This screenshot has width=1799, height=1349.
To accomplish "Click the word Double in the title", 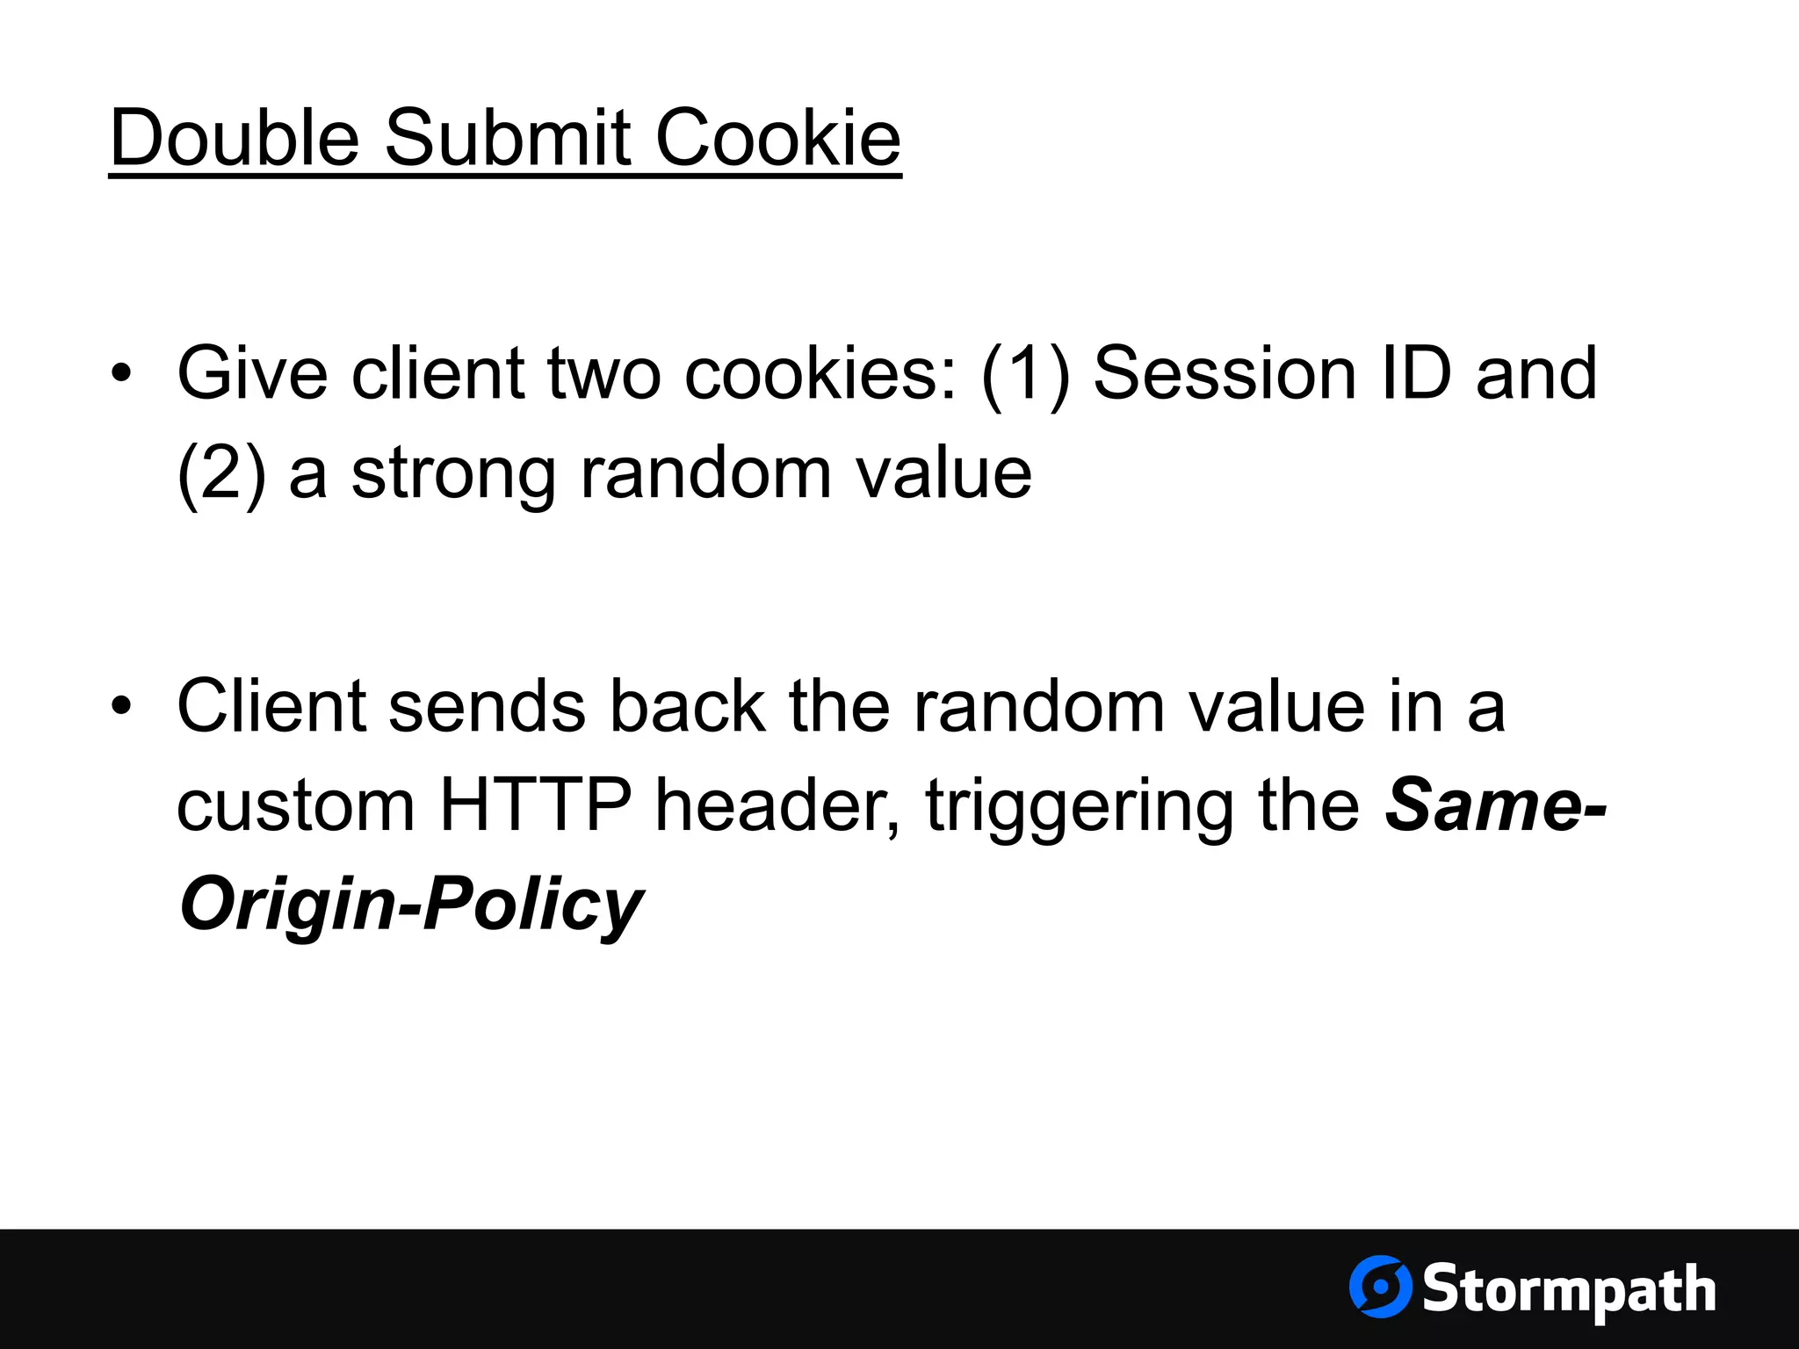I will tap(235, 138).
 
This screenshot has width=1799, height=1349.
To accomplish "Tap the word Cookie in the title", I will tap(778, 138).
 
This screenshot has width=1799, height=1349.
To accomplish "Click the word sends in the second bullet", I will tap(487, 706).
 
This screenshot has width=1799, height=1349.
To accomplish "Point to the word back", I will tap(688, 706).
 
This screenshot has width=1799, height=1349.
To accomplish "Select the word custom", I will tap(295, 806).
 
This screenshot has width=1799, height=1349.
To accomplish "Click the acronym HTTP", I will tap(535, 804).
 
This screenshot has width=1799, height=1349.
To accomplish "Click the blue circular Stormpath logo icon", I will tap(1380, 1287).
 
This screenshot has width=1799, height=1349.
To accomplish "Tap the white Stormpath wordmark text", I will tap(1569, 1290).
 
